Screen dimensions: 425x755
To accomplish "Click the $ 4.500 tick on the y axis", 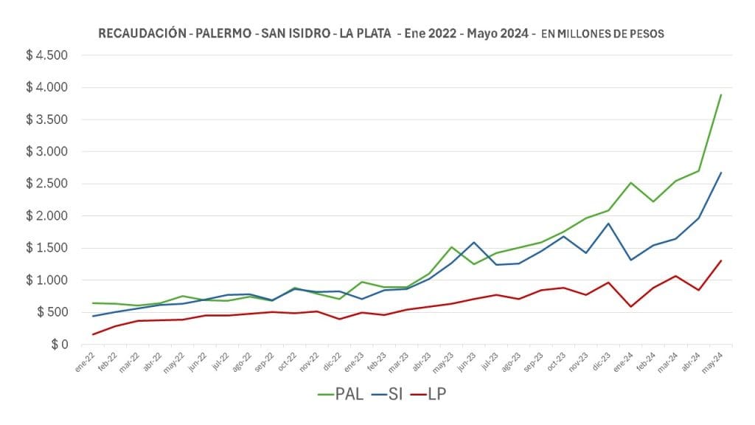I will click(x=46, y=55).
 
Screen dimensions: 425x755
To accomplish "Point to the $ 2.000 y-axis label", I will click(x=46, y=216).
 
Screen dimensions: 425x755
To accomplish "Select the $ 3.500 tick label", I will click(x=46, y=120).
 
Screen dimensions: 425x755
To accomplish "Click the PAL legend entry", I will click(x=341, y=395).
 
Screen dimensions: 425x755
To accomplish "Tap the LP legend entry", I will click(x=430, y=395).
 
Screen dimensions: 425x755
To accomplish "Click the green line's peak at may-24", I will click(x=720, y=95).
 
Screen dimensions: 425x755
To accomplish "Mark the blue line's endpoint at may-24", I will click(x=720, y=173).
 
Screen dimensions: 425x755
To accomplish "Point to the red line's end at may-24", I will click(x=720, y=260).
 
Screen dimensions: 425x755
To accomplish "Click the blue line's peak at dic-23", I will click(x=608, y=224).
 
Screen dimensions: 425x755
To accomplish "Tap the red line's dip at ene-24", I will click(x=630, y=306).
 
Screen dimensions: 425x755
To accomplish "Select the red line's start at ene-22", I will click(x=93, y=334).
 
